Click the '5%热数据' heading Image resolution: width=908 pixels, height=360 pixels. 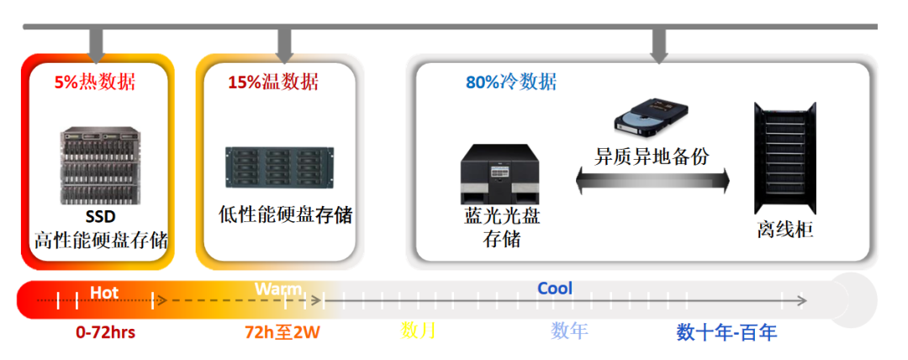[94, 82]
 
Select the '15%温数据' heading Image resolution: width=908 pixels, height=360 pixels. [273, 82]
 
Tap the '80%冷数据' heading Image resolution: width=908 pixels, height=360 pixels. [511, 82]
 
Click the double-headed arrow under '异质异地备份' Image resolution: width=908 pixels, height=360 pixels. [652, 179]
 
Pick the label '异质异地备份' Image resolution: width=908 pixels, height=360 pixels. [652, 156]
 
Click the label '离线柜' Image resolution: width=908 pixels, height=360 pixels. [784, 229]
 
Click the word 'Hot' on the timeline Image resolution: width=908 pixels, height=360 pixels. [104, 293]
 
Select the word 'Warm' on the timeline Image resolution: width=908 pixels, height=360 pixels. [278, 289]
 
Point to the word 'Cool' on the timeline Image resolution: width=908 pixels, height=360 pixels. [555, 289]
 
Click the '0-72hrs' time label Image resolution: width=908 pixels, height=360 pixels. [105, 332]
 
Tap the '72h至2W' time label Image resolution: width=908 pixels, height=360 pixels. [282, 332]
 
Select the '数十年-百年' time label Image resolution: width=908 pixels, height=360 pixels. [726, 332]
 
